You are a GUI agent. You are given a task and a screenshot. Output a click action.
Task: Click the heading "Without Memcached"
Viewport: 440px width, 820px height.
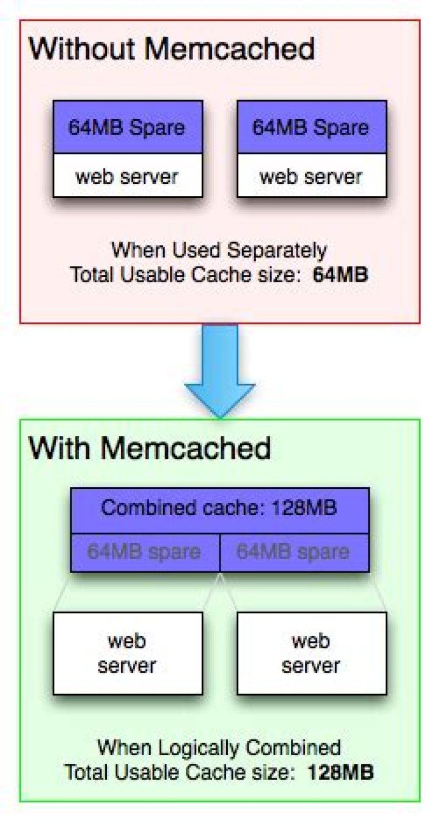pos(172,48)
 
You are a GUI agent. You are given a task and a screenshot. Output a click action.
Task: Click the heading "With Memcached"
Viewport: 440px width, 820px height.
pos(150,448)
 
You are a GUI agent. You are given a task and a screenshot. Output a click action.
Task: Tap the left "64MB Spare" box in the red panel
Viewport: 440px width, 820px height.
pos(127,128)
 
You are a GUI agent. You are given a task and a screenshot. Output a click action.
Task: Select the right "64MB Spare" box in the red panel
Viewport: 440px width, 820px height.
pos(311,128)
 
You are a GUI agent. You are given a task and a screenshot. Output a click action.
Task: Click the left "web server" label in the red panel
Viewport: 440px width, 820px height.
pos(127,177)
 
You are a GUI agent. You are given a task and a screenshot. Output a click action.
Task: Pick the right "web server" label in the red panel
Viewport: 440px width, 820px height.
pos(311,177)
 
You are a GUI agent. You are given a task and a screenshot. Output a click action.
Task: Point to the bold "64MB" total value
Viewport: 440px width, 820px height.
pos(340,274)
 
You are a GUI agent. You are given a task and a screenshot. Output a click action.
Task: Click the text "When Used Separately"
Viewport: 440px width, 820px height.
pos(219,251)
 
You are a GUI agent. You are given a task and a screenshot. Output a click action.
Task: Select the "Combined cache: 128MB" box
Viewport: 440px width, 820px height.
pos(219,508)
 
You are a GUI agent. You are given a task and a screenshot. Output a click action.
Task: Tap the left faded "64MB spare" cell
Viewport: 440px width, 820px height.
pos(144,552)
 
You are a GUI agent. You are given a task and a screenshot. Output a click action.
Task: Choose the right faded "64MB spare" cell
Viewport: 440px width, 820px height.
pos(294,552)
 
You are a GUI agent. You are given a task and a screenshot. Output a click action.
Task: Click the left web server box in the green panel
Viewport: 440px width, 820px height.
pos(127,653)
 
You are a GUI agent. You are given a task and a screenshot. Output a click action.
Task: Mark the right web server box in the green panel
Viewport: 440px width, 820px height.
pos(311,653)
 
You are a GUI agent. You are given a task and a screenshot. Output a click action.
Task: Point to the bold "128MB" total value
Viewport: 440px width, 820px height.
pos(340,771)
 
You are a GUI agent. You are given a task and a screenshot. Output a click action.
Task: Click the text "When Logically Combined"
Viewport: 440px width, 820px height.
pos(219,747)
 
